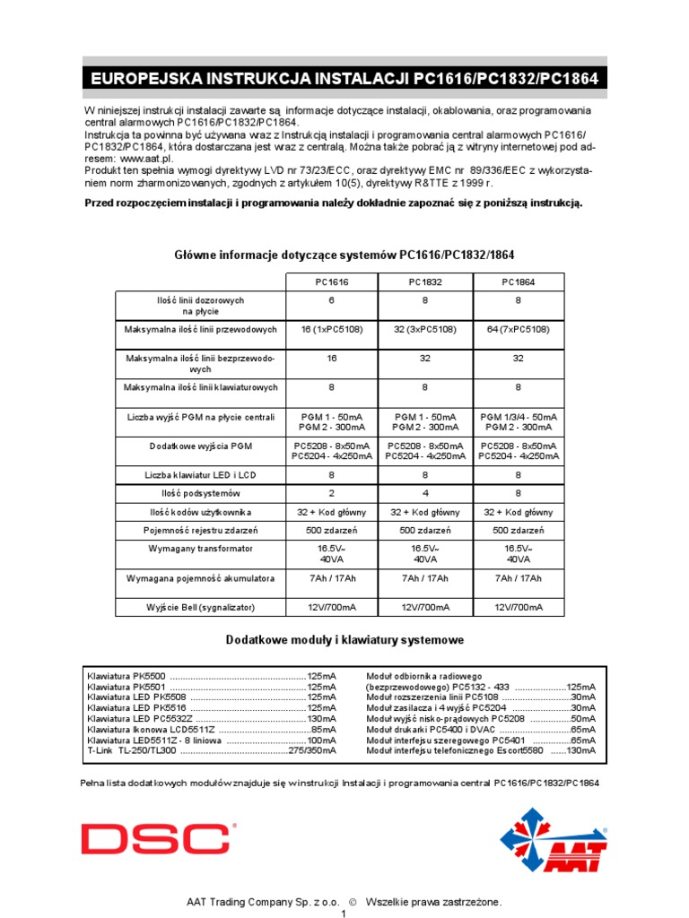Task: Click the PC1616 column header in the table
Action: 332,281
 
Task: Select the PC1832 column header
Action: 425,281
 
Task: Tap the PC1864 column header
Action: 519,281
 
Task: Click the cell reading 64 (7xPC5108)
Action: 519,330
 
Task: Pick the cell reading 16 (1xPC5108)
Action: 332,330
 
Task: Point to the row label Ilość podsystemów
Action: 200,493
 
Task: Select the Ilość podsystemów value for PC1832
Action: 425,493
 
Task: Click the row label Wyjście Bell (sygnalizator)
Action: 200,607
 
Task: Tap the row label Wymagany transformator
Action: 200,548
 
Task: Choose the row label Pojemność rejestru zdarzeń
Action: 200,529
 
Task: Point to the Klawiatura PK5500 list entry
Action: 126,675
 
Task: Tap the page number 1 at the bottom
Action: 344,913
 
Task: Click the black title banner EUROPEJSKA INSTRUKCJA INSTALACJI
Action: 344,80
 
